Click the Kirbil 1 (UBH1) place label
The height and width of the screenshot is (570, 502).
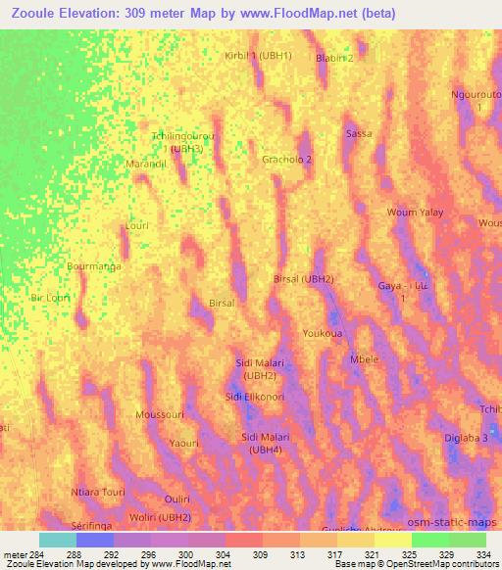pyautogui.click(x=259, y=56)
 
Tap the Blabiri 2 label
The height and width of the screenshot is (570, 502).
pyautogui.click(x=334, y=58)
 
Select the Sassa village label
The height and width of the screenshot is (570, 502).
pyautogui.click(x=359, y=133)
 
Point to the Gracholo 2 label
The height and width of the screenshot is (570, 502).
pyautogui.click(x=287, y=159)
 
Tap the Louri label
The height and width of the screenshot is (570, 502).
pyautogui.click(x=136, y=225)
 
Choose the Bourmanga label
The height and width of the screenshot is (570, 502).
pyautogui.click(x=93, y=265)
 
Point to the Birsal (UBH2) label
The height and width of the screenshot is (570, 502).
pyautogui.click(x=304, y=279)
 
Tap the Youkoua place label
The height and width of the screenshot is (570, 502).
pyautogui.click(x=322, y=333)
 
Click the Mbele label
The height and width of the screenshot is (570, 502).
pyautogui.click(x=364, y=359)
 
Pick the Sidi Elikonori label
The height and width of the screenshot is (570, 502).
pyautogui.click(x=255, y=397)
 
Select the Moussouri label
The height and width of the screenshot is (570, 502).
pyautogui.click(x=160, y=415)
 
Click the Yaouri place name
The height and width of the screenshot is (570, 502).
pyautogui.click(x=183, y=444)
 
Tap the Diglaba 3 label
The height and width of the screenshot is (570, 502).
pyautogui.click(x=466, y=439)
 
